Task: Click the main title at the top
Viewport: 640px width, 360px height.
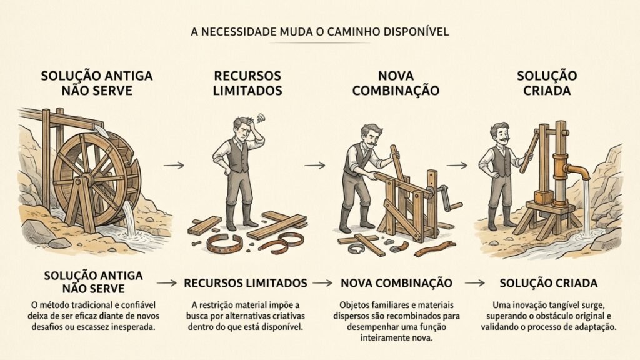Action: (320, 31)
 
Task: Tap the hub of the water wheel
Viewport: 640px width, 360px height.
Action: (87, 178)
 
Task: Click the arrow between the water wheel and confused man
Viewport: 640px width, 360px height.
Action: (174, 165)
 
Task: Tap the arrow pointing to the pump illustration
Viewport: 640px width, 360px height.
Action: (457, 165)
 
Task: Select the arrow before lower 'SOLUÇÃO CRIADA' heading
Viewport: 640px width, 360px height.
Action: (475, 283)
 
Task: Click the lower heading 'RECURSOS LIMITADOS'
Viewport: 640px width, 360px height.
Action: (246, 283)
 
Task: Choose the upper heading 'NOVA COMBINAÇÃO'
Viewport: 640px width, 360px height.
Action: (396, 83)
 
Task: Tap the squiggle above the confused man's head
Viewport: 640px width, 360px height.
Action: (261, 117)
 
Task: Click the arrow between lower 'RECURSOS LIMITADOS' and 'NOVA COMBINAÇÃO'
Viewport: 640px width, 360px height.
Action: (323, 283)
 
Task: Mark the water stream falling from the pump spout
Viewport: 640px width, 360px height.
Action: (586, 208)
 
